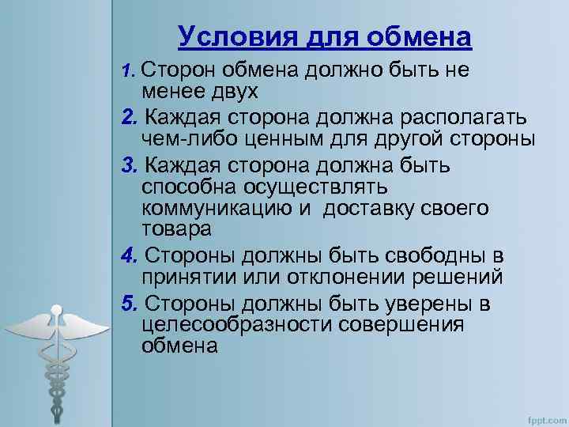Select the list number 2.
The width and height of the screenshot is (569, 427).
tap(130, 118)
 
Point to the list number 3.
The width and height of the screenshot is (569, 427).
tap(130, 167)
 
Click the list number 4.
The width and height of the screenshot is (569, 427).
tap(130, 256)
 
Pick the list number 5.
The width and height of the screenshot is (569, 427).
tap(130, 304)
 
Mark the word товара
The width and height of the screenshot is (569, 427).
tap(177, 229)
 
